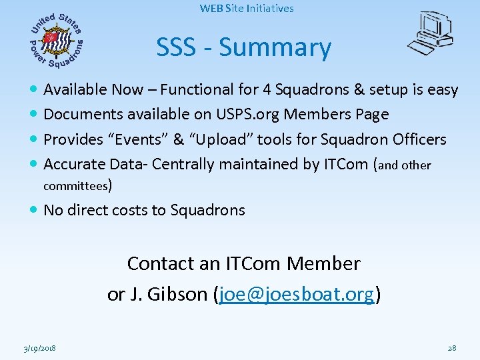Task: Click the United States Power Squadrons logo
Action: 57,41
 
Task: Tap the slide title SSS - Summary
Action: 243,47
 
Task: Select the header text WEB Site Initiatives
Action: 247,9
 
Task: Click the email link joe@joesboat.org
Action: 297,294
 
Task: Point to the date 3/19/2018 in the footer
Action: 38,348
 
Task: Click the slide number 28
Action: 451,348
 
